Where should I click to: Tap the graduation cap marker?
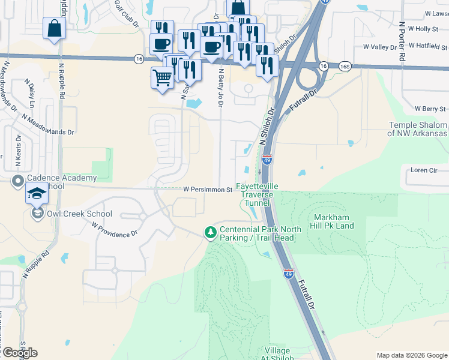37,195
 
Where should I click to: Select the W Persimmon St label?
208,190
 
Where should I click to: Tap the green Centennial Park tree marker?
210,232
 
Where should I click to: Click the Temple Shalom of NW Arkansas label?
418,129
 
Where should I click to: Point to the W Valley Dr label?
381,46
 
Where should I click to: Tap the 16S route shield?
344,67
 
